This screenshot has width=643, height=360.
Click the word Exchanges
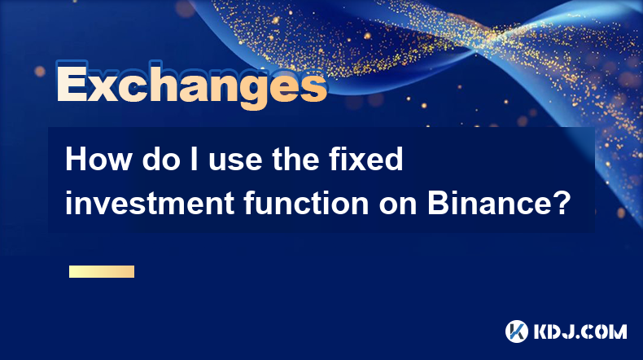pyautogui.click(x=191, y=85)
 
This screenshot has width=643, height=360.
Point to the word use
pyautogui.click(x=235, y=162)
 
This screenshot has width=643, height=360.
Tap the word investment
pyautogui.click(x=150, y=203)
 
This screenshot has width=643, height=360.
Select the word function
pyautogui.click(x=306, y=203)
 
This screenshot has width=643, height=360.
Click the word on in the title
pyautogui.click(x=398, y=206)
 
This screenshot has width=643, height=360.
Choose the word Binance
pyautogui.click(x=487, y=203)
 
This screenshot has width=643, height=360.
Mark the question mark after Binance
pyautogui.click(x=558, y=202)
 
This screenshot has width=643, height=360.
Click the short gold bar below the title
pyautogui.click(x=102, y=271)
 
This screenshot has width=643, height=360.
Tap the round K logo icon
pyautogui.click(x=517, y=331)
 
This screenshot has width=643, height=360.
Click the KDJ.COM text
pyautogui.click(x=580, y=331)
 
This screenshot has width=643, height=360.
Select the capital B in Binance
pyautogui.click(x=438, y=203)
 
